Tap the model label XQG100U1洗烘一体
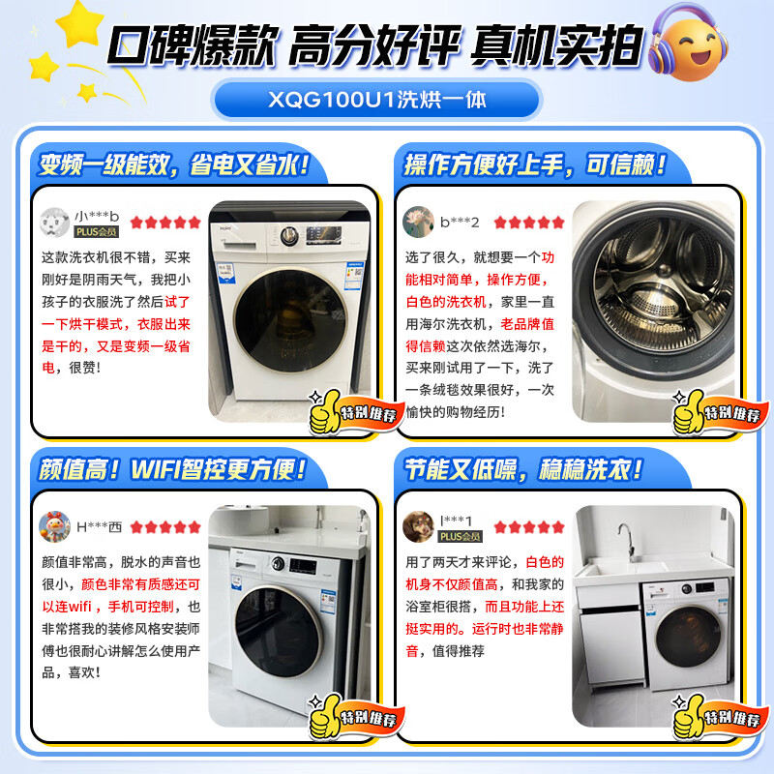coord(387,99)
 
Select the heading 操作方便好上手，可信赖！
coord(534,164)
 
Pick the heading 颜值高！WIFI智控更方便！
coord(173,471)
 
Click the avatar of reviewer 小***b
coord(54,222)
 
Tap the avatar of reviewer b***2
coord(417,222)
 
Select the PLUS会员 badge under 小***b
coord(97,232)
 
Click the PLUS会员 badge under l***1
coord(461,536)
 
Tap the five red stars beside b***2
coord(528,222)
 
